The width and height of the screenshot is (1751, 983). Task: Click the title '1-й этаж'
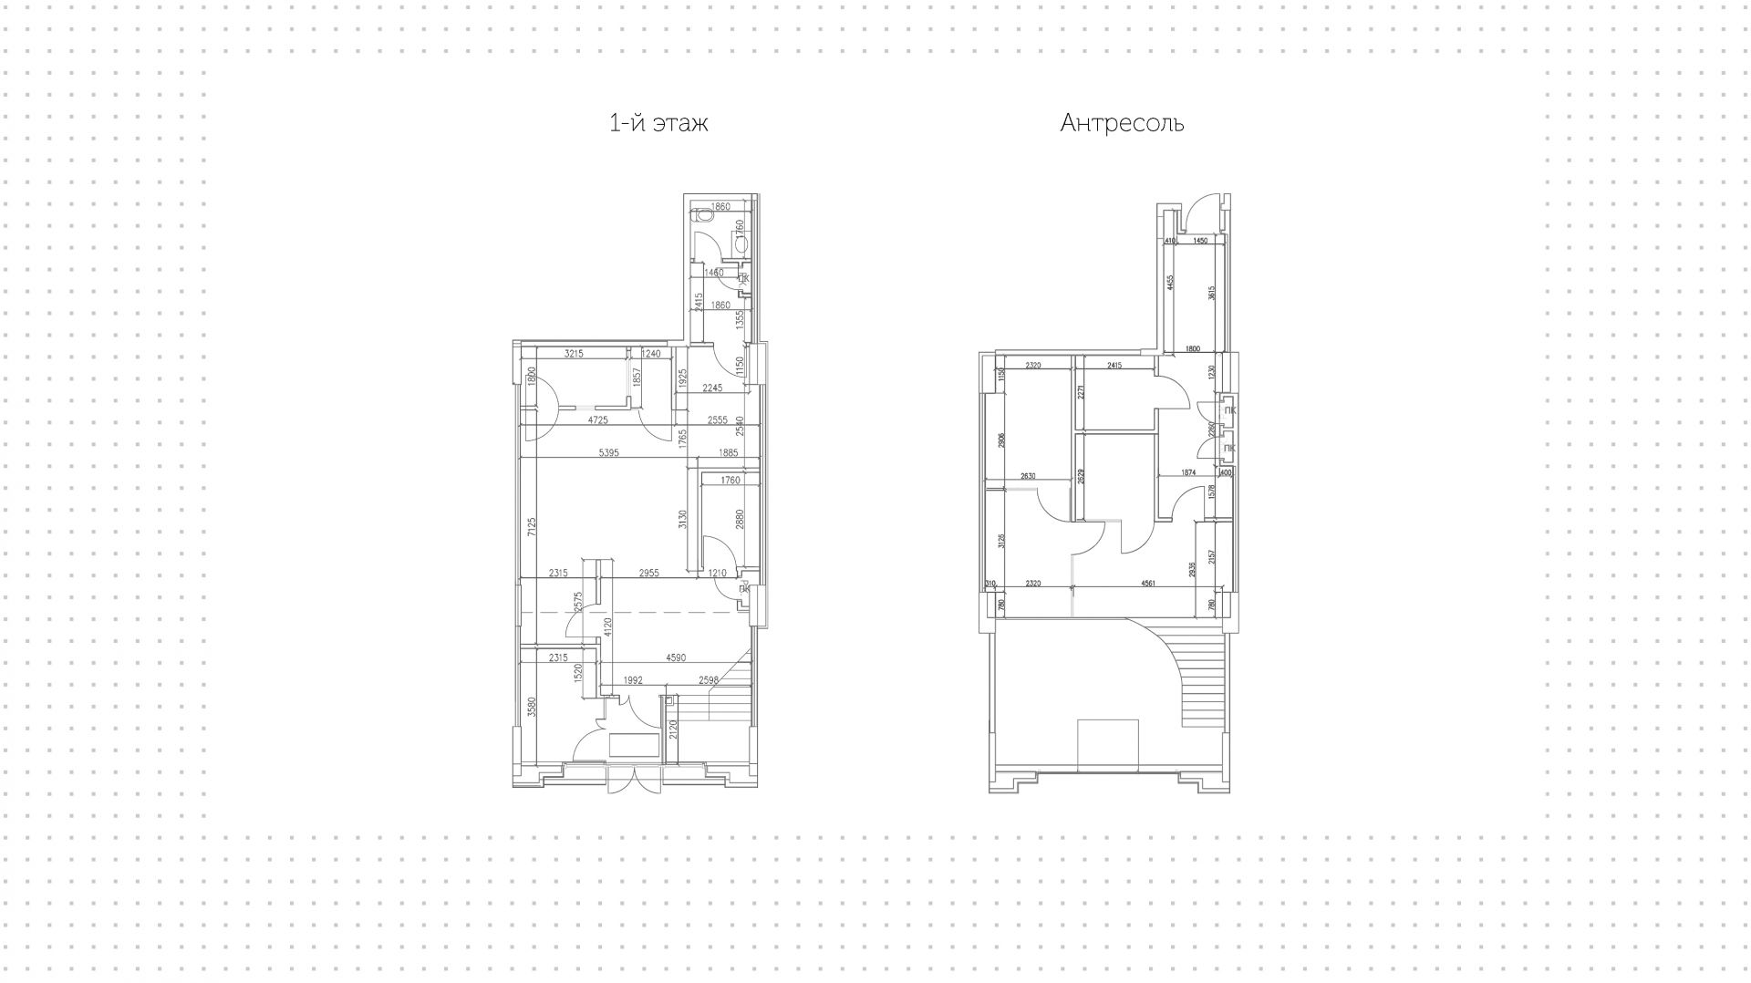[x=658, y=123]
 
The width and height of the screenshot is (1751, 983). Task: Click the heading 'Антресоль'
[x=1122, y=123]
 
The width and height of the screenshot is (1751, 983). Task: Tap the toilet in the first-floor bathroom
[x=702, y=217]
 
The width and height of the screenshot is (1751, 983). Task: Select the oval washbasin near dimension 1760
[x=740, y=244]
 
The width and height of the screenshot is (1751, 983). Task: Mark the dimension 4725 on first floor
[x=598, y=420]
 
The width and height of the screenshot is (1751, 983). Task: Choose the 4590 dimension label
[x=676, y=657]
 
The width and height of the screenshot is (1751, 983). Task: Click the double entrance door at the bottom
[x=637, y=780]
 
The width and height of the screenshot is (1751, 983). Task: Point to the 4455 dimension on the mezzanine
[x=1169, y=283]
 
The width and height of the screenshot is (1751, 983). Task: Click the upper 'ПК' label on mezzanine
[x=1229, y=410]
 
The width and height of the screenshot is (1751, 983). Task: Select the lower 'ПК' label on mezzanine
[x=1229, y=449]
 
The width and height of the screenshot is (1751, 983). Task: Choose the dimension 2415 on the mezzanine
[x=1114, y=366]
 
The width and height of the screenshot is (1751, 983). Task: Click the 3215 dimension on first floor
[x=574, y=354]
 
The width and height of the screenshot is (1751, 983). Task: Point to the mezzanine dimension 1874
[x=1187, y=472]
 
